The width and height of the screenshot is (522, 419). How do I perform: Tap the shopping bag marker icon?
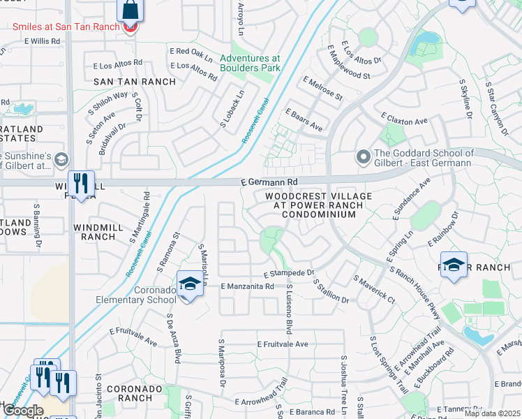point(130,10)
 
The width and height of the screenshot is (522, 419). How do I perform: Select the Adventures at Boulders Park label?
point(250,64)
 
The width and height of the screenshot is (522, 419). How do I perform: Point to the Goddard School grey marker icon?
point(363,157)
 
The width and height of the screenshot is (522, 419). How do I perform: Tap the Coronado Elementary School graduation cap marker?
point(188,283)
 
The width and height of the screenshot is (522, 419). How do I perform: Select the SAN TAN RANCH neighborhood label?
point(125,82)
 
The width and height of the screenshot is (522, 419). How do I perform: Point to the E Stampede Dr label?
point(289,273)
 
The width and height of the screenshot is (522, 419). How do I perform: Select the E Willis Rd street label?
point(42,41)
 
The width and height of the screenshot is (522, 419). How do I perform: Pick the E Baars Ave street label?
point(304,120)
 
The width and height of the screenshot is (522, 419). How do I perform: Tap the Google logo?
point(23,411)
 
